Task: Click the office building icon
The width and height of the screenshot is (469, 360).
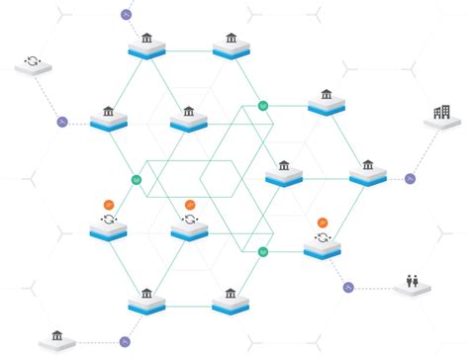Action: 437,116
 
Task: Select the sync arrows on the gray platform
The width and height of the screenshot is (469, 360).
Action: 32,62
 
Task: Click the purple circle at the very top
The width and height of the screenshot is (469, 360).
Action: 126,15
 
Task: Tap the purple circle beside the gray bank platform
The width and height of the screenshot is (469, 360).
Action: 125,341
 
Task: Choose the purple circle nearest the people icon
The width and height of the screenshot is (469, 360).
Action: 347,287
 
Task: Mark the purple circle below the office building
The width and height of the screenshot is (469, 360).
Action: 410,179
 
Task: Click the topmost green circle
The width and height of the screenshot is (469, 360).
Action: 262,105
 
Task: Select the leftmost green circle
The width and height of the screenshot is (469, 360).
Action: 137,180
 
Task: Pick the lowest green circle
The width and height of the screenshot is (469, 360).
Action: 262,253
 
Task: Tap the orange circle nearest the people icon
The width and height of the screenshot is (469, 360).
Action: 323,223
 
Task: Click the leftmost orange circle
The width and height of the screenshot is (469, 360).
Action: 107,204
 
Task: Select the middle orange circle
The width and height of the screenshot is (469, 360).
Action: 190,204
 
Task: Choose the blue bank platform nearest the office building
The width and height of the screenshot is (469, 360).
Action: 366,172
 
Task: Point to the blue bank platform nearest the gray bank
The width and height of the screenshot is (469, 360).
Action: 146,300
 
